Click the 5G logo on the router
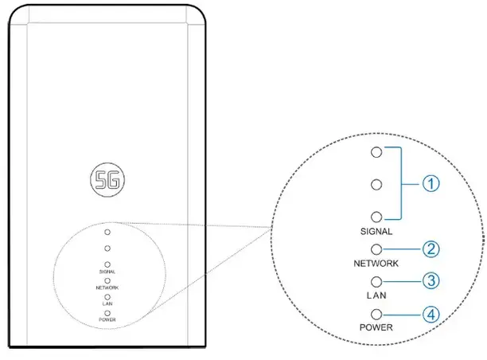click(x=107, y=180)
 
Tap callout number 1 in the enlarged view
click(x=431, y=183)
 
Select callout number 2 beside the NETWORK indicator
click(x=431, y=249)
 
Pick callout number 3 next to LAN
click(x=431, y=281)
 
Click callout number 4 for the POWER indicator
click(x=431, y=315)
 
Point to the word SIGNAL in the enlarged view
click(x=376, y=231)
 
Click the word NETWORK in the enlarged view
click(x=376, y=264)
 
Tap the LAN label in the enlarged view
click(x=376, y=295)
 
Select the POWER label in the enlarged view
click(x=376, y=327)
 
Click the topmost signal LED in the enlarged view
click(x=376, y=152)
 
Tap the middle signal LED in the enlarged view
click(x=376, y=185)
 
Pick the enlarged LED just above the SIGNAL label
click(x=376, y=217)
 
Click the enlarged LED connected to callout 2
click(x=376, y=249)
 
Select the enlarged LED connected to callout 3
click(x=376, y=282)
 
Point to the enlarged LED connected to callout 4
click(x=376, y=315)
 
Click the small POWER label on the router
click(x=107, y=319)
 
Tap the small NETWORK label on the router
click(x=107, y=288)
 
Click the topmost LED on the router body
click(x=107, y=233)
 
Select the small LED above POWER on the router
click(x=107, y=313)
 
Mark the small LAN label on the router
click(x=107, y=303)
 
